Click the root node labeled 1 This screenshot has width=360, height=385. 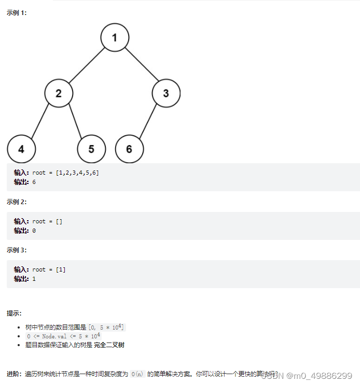pos(115,37)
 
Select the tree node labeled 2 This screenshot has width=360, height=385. pos(58,93)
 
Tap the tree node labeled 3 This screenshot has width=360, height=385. pos(166,93)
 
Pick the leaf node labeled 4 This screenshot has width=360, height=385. pos(21,149)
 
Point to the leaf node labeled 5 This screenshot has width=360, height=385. pos(91,149)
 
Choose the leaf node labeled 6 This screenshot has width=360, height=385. pos(129,149)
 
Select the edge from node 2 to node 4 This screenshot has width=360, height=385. pos(40,121)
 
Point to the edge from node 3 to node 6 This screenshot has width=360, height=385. pos(148,121)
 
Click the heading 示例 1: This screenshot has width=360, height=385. pos(17,13)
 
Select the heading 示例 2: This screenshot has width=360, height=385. pos(17,202)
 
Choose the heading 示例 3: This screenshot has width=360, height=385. pos(17,250)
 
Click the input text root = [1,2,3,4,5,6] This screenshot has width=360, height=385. pos(65,173)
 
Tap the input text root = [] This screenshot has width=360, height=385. pos(47,221)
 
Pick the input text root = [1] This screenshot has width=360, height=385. pos(49,269)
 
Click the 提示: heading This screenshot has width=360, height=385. pos(14,313)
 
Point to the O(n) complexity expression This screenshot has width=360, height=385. pos(136,374)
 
